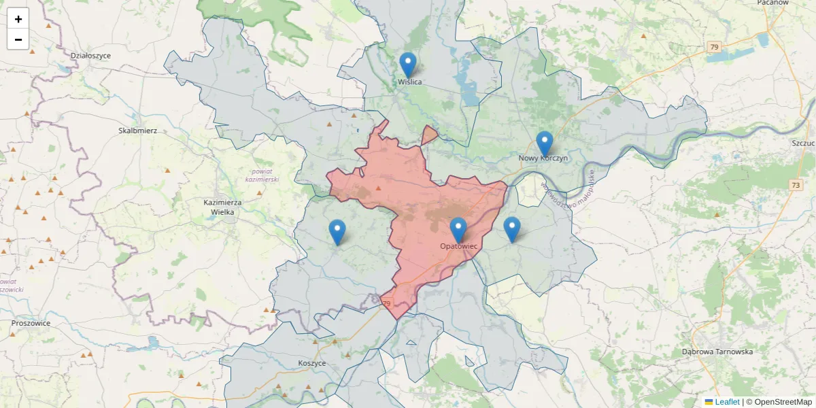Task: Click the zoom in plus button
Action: [x=18, y=19]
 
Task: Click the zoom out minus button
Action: [x=18, y=39]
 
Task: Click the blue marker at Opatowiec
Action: [x=458, y=231]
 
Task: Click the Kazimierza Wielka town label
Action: [x=219, y=207]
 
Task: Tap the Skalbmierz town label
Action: [x=138, y=130]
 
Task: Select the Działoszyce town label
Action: [x=90, y=55]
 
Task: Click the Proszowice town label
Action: [x=31, y=323]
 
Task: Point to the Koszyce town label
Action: [x=312, y=363]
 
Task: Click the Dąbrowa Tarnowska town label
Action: [x=717, y=352]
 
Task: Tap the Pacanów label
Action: [x=772, y=3]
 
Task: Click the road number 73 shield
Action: [x=796, y=185]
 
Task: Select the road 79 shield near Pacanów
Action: [x=713, y=47]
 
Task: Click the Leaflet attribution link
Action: [x=726, y=402]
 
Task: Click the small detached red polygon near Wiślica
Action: [x=429, y=135]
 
